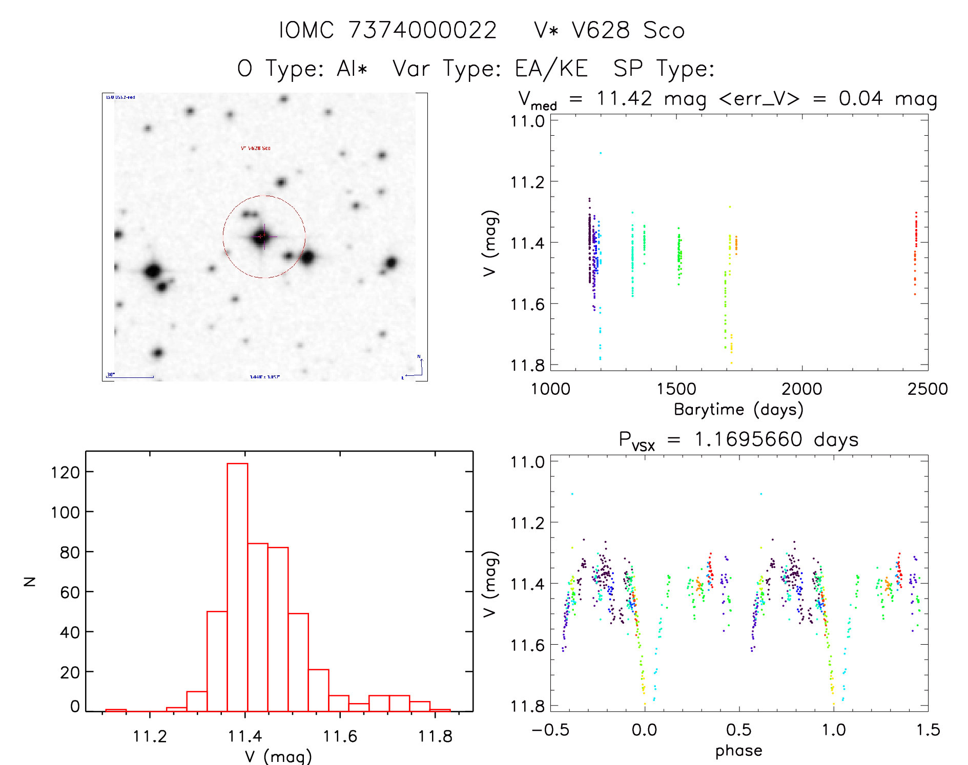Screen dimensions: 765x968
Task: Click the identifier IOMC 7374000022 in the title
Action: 388,30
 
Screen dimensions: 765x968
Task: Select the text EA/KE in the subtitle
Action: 551,69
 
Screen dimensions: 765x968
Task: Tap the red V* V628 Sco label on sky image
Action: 256,148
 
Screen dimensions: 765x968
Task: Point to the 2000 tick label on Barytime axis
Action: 801,389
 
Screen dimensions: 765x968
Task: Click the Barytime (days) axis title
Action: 738,410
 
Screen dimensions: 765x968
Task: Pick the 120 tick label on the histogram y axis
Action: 65,472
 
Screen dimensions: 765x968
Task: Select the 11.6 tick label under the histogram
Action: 340,736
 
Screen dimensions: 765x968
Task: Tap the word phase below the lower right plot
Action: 738,751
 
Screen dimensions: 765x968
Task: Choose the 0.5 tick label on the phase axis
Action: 738,730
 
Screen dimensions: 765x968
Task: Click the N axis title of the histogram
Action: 30,581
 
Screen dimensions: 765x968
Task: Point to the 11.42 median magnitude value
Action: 624,98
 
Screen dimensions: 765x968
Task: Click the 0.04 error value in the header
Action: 861,98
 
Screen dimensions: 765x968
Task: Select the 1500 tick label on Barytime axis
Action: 676,389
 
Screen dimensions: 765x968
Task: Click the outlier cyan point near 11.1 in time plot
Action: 601,153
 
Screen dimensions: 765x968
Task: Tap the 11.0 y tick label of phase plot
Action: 527,462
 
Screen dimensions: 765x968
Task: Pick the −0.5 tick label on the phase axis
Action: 550,730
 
